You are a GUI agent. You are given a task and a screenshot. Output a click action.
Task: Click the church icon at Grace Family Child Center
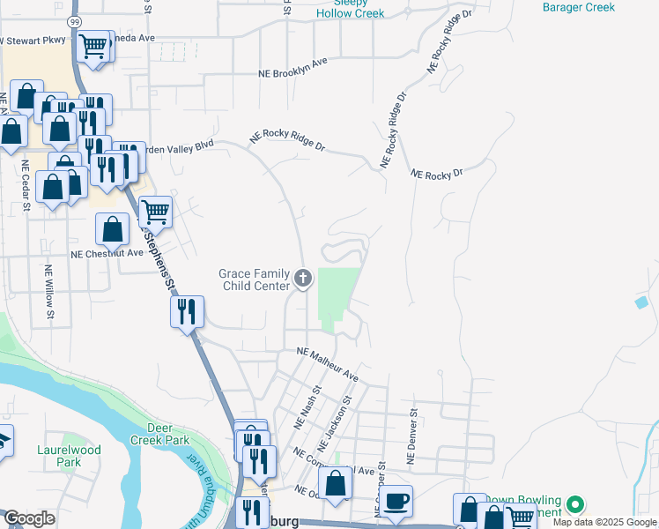coord(303,279)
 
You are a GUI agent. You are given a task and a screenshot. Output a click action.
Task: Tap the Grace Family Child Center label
coord(254,279)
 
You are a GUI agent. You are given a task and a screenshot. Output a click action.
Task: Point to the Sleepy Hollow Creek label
coord(350,8)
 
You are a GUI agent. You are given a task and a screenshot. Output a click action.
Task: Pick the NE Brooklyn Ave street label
coord(292,68)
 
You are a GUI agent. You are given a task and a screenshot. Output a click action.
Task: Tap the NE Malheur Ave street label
coord(328,363)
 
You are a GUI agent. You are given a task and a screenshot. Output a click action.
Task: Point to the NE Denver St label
coord(411,436)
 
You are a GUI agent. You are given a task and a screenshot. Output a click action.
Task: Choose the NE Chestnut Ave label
coord(107,253)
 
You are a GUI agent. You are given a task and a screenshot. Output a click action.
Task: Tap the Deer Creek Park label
coord(169,433)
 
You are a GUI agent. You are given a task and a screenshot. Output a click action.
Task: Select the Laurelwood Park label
coord(69,456)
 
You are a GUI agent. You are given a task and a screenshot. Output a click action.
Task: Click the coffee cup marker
coord(396,501)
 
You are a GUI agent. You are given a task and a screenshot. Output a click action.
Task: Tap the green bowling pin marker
coord(575,505)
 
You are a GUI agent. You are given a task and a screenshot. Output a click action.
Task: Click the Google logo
coord(29,518)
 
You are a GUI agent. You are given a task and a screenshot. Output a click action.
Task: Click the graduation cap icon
coord(4,441)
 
